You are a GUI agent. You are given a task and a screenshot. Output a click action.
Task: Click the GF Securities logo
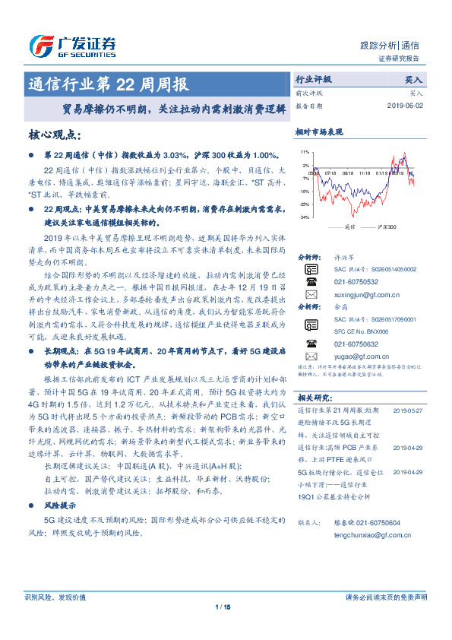(71, 46)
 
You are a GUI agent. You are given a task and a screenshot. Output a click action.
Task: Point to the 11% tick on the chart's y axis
(305, 152)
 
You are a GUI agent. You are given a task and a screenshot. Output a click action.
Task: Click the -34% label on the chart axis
(304, 217)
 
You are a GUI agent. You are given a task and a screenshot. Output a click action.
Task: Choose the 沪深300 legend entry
(387, 227)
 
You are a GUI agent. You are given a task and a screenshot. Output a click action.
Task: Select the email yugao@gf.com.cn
(361, 355)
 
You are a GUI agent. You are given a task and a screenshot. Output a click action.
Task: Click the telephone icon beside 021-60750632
(311, 343)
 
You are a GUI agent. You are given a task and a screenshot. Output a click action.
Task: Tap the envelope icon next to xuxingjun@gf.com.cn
(311, 294)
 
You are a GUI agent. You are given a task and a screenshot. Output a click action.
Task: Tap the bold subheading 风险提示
(58, 505)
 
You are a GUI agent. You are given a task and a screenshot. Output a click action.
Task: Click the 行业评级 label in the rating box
(313, 79)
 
